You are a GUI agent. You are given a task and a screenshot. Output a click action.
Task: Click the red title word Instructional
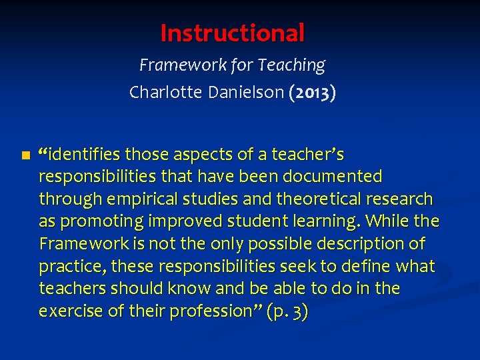click(x=233, y=32)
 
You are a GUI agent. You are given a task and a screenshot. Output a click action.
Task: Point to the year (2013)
click(x=312, y=92)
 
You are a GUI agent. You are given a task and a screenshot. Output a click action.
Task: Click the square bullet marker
click(x=25, y=155)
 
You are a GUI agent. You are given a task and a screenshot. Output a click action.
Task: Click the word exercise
click(x=69, y=311)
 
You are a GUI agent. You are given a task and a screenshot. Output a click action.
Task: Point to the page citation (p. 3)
click(x=287, y=311)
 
